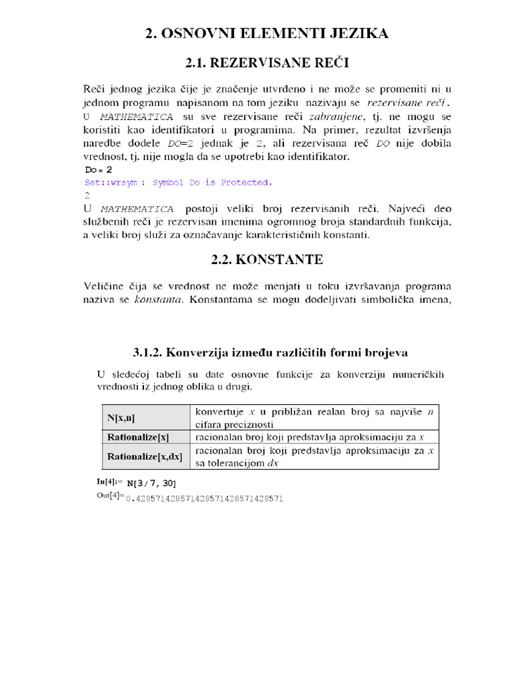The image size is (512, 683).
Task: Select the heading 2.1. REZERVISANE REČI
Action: point(267,63)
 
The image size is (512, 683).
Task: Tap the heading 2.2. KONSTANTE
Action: point(267,258)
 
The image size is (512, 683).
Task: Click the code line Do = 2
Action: point(98,170)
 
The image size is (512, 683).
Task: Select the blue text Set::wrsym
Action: point(111,182)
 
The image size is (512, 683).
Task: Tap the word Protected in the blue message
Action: point(246,182)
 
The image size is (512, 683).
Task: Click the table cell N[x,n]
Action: point(121,418)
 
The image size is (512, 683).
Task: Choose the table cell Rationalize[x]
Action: point(138,438)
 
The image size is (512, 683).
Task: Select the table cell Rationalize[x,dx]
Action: point(144,457)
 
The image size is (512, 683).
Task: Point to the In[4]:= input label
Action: point(110,482)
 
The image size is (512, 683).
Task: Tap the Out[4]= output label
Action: point(111,496)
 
